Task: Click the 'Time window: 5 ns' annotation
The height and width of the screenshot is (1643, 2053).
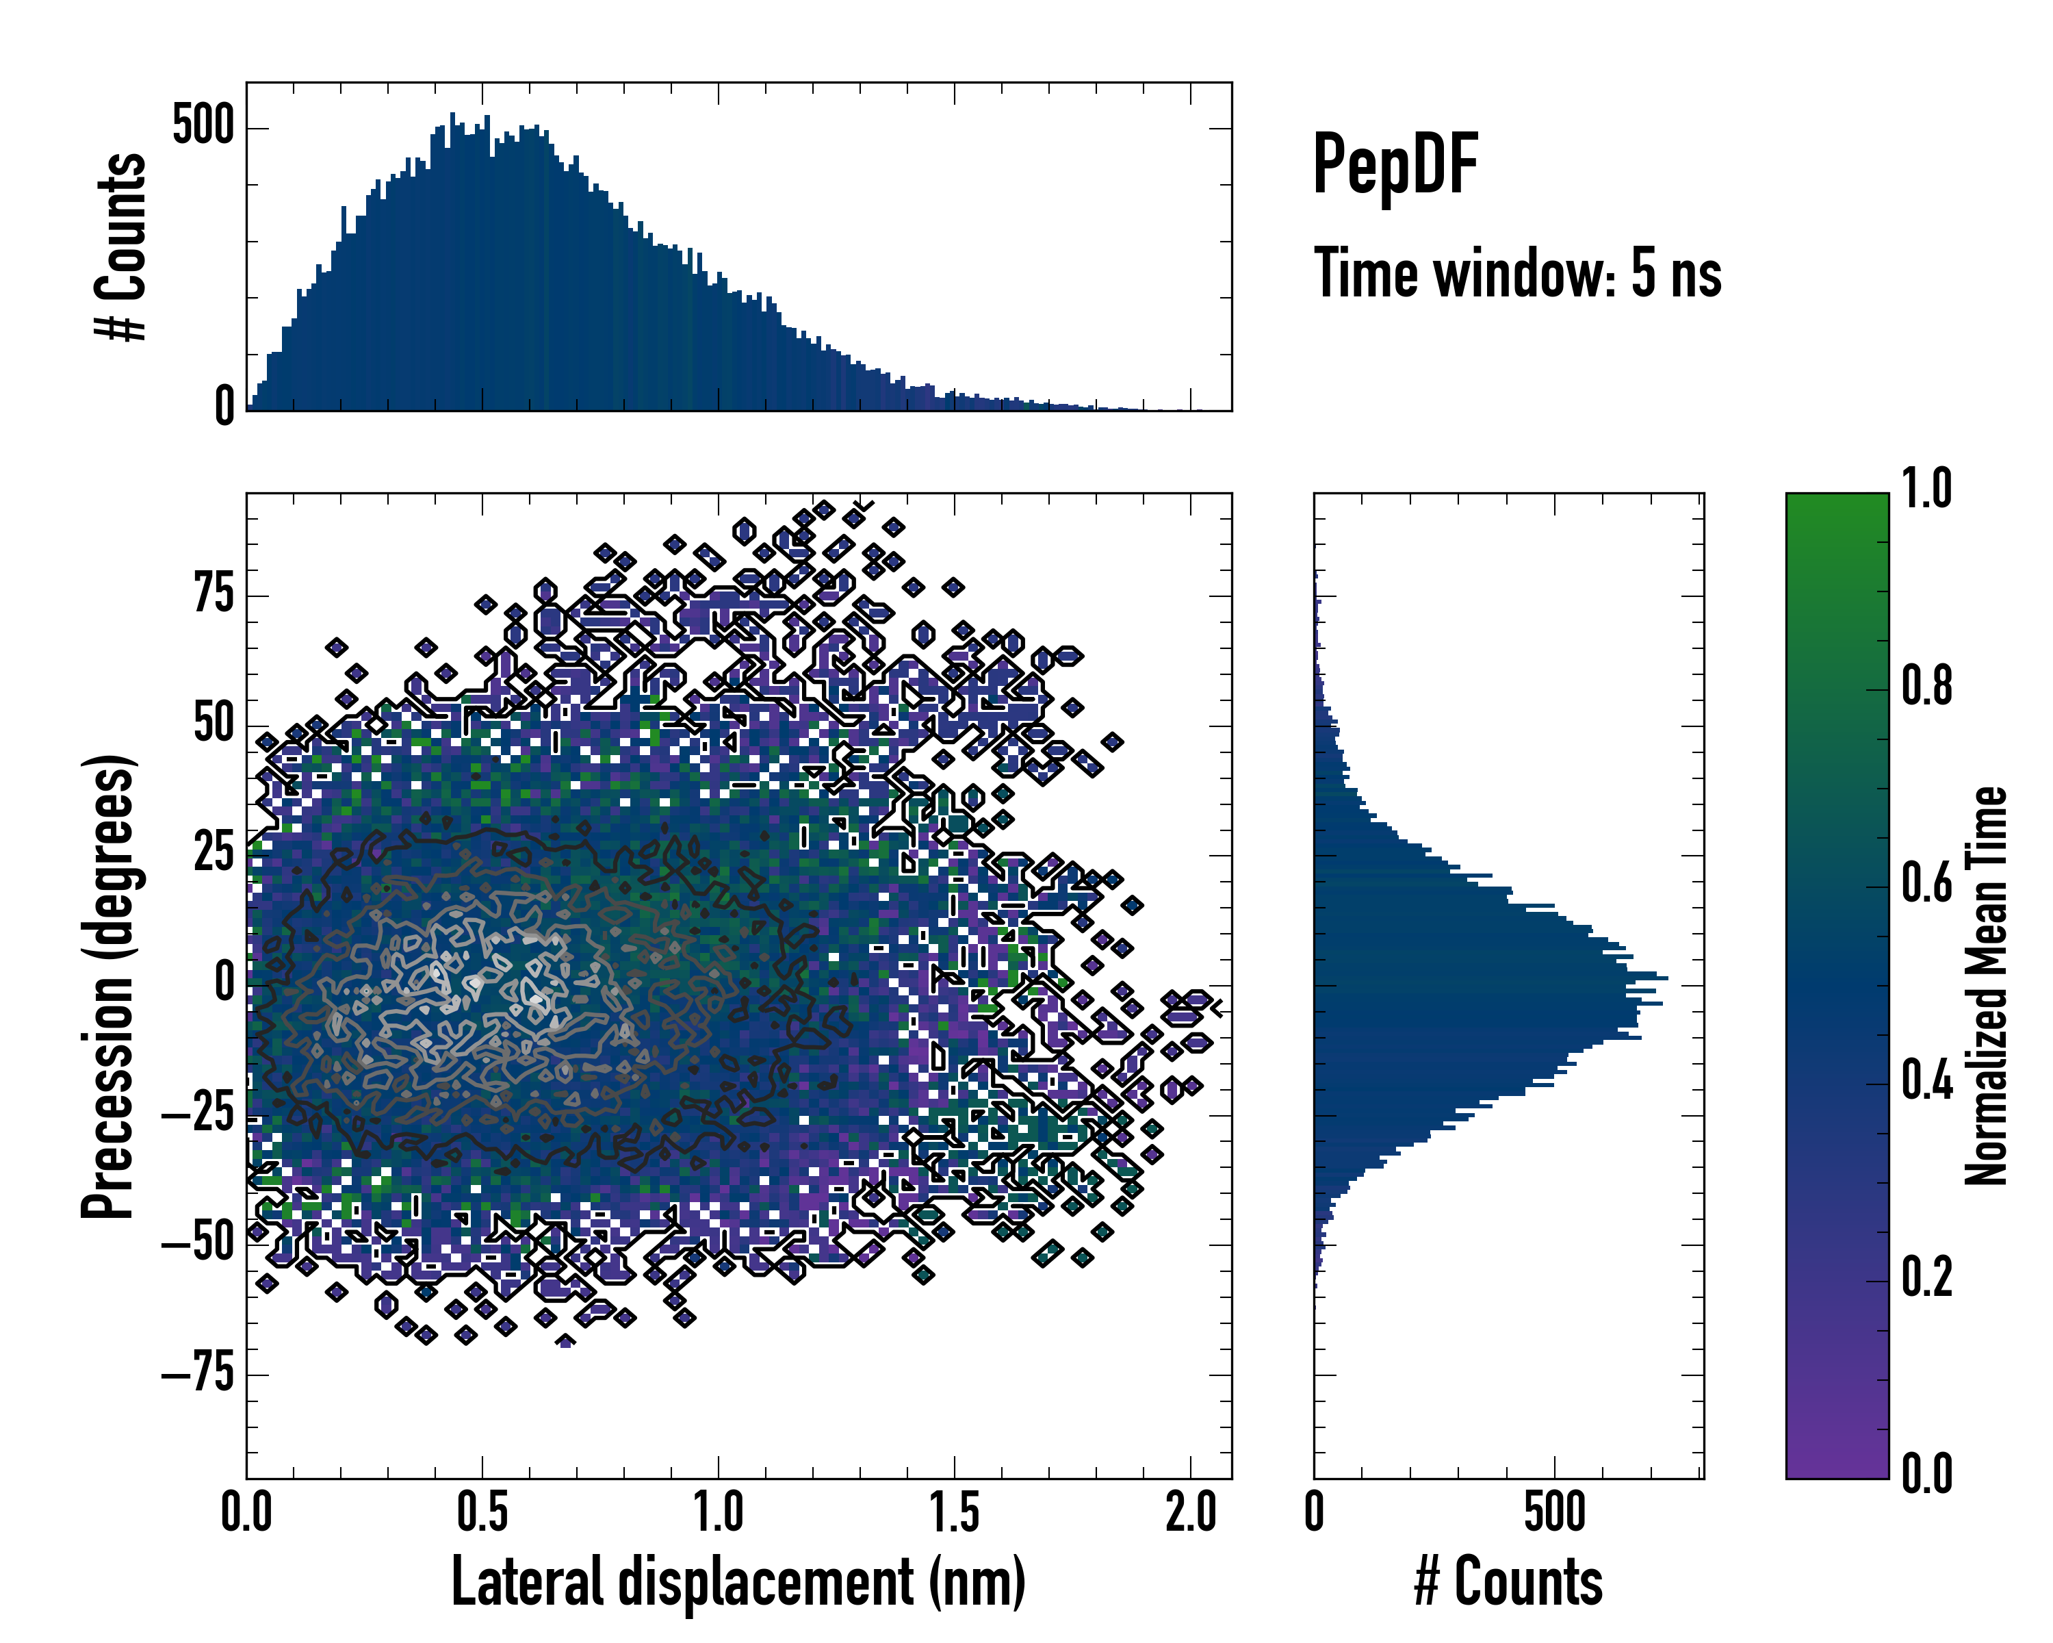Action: pos(1517,273)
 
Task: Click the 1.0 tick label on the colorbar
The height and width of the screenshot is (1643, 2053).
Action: pos(1926,489)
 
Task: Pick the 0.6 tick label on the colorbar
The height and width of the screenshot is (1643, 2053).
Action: pos(1926,883)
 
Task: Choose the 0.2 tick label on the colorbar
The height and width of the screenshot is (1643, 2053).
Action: pos(1926,1277)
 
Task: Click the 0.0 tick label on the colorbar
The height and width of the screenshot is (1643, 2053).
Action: pos(1926,1475)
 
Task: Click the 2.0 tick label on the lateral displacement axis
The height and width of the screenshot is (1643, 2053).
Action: pos(1190,1512)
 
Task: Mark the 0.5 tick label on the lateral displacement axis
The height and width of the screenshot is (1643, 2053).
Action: pos(482,1512)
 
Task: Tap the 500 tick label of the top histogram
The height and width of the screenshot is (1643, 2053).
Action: pos(203,126)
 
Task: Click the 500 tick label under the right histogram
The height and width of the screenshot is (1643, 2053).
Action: pos(1554,1512)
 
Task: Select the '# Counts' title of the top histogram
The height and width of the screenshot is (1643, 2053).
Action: pos(121,246)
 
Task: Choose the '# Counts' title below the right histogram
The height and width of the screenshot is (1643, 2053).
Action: pos(1508,1582)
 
